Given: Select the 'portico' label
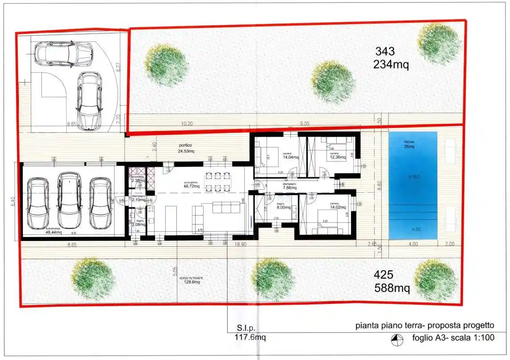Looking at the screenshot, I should pyautogui.click(x=186, y=145).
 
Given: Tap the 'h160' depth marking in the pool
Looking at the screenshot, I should pyautogui.click(x=414, y=177).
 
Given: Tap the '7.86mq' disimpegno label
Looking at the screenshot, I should pyautogui.click(x=293, y=188).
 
